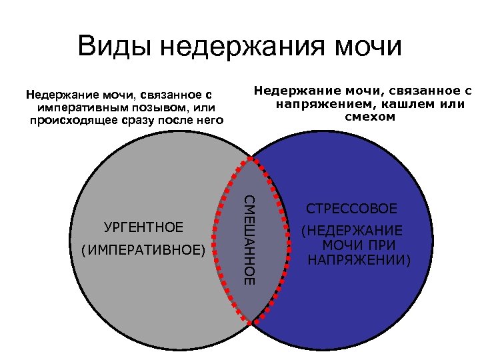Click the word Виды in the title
click(x=114, y=47)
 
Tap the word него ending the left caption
click(x=207, y=120)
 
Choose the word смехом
click(x=370, y=117)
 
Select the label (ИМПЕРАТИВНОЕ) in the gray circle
click(x=143, y=251)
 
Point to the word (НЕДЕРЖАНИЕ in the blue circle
click(x=352, y=231)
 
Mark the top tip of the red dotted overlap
click(x=251, y=160)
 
